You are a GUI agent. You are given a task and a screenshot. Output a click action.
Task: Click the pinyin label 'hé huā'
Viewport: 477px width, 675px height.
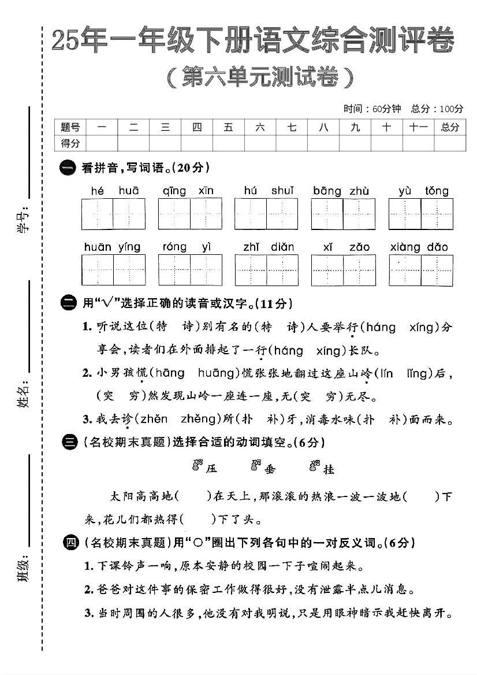point(114,191)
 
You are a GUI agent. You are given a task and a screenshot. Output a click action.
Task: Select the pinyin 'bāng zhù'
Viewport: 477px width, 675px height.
point(341,191)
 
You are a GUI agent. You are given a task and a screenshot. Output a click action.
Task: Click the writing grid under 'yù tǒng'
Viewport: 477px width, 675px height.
point(420,214)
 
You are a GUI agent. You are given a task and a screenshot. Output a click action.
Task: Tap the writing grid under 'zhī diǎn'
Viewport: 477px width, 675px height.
point(266,270)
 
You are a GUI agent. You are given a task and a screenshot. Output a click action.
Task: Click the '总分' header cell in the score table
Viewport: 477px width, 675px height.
point(450,127)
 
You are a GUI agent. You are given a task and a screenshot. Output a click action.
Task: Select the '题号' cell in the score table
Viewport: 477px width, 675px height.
point(70,127)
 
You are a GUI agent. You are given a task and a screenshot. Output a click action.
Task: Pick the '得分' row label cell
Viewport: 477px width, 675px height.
point(70,143)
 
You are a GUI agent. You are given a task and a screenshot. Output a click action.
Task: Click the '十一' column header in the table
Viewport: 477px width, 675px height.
point(418,127)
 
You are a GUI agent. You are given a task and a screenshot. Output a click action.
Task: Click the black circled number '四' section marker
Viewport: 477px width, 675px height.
point(70,543)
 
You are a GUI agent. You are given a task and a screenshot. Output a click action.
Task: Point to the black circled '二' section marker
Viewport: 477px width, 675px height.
point(68,303)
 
